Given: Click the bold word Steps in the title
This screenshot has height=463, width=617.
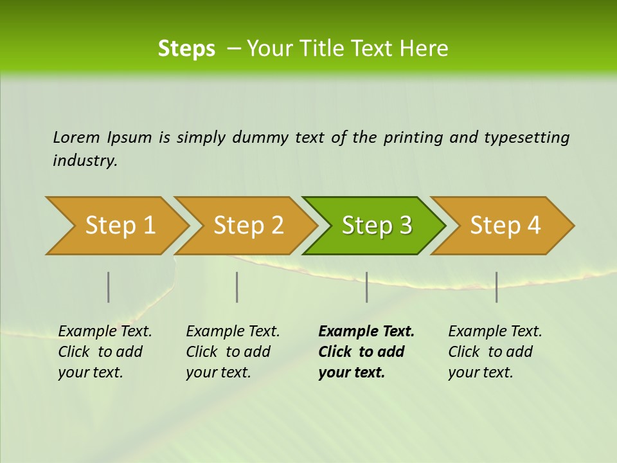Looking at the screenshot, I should (186, 49).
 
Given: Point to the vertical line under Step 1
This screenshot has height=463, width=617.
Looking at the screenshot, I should (109, 287).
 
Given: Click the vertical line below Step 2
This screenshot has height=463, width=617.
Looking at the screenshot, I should (237, 287).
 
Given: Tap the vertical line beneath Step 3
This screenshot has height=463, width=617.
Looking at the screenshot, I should (366, 287).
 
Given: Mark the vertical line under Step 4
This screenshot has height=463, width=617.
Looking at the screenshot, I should (496, 287).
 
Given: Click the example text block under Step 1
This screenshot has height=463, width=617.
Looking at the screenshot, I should (105, 352).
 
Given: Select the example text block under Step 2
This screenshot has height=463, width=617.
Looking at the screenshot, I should (233, 352).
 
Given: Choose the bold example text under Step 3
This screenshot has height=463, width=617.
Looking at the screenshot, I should (366, 352).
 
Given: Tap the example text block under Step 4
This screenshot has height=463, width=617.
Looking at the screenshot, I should (495, 352).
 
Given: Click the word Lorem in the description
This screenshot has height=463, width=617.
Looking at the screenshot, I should (76, 138).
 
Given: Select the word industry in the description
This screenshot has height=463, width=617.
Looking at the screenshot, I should (85, 161).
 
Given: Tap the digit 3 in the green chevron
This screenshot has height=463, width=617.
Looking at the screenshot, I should (405, 226).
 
